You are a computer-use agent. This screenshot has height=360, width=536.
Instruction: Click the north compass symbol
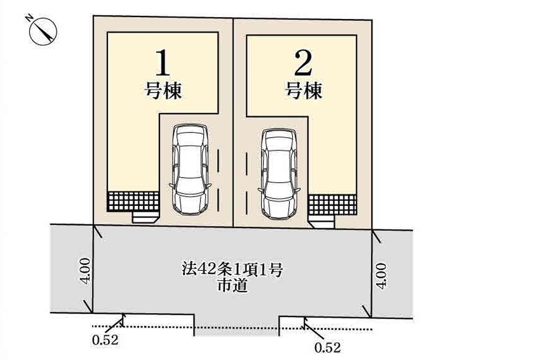[43, 31]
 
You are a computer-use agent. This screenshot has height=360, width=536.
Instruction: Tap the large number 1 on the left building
[163, 63]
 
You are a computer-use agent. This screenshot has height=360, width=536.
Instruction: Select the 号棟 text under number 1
[163, 90]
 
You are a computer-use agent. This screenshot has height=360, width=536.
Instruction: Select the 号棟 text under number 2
[304, 90]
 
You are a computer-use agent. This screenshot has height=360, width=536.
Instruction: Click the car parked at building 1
[190, 170]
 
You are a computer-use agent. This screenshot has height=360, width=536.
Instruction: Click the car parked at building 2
[279, 174]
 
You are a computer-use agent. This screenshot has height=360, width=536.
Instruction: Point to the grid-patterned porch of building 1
[133, 202]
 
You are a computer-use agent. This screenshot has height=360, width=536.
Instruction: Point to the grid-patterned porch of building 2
[333, 205]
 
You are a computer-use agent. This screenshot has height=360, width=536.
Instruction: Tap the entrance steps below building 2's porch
[322, 222]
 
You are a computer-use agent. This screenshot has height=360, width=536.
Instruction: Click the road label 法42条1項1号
[232, 270]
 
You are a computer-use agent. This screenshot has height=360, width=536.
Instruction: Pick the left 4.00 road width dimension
[85, 271]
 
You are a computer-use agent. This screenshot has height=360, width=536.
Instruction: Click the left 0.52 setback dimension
[105, 340]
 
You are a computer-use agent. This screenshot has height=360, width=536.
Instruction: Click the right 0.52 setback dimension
[328, 348]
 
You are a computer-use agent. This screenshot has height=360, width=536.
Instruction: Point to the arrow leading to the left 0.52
[114, 323]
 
